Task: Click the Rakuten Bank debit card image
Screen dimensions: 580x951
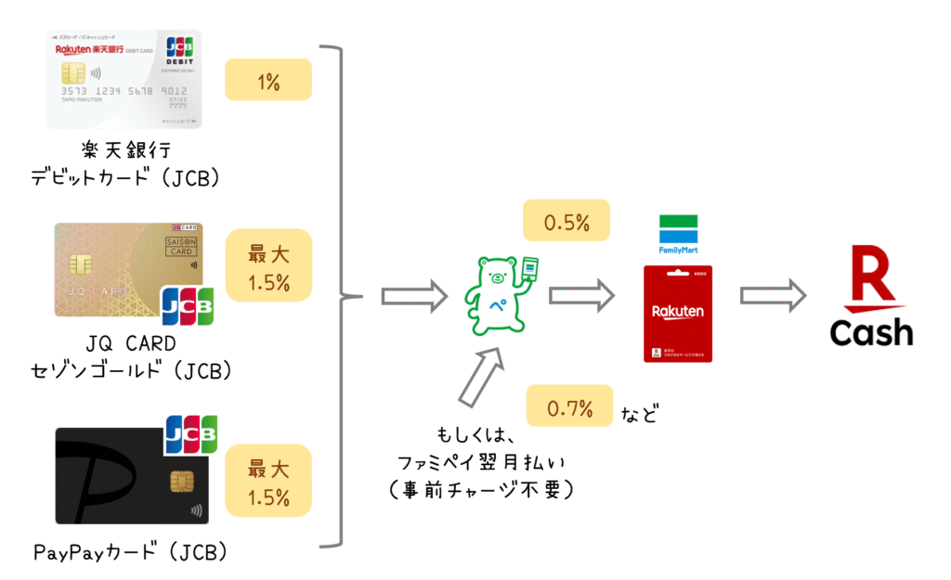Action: pyautogui.click(x=124, y=79)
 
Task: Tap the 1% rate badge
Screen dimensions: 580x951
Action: pyautogui.click(x=267, y=80)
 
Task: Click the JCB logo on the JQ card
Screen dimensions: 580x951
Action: pyautogui.click(x=188, y=305)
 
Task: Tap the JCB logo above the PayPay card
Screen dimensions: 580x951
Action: pyautogui.click(x=190, y=434)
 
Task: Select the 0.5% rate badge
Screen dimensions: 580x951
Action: pyautogui.click(x=567, y=221)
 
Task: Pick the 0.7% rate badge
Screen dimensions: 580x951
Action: pyautogui.click(x=569, y=406)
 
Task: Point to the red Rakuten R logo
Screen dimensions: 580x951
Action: pyautogui.click(x=870, y=278)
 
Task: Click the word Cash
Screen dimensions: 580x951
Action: pyautogui.click(x=871, y=332)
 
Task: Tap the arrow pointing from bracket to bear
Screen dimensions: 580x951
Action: pyautogui.click(x=414, y=297)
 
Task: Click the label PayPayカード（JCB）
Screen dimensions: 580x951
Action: pyautogui.click(x=130, y=553)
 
